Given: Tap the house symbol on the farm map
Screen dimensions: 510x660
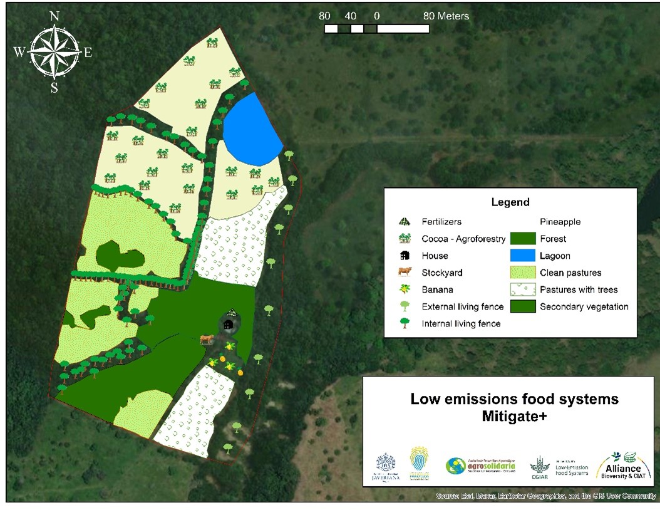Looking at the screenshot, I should [x=229, y=324].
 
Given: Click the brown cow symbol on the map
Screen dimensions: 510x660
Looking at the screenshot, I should [x=207, y=340].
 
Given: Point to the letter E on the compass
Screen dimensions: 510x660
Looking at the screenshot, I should [x=88, y=53].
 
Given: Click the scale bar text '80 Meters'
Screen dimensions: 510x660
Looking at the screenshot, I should [x=446, y=16].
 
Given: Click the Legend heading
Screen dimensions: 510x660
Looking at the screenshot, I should [x=510, y=202].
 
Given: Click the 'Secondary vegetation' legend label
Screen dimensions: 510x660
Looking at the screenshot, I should [x=584, y=306].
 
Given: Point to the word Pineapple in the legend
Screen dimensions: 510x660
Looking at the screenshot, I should [x=560, y=222].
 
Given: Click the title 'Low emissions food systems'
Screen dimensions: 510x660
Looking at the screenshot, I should [x=514, y=399].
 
